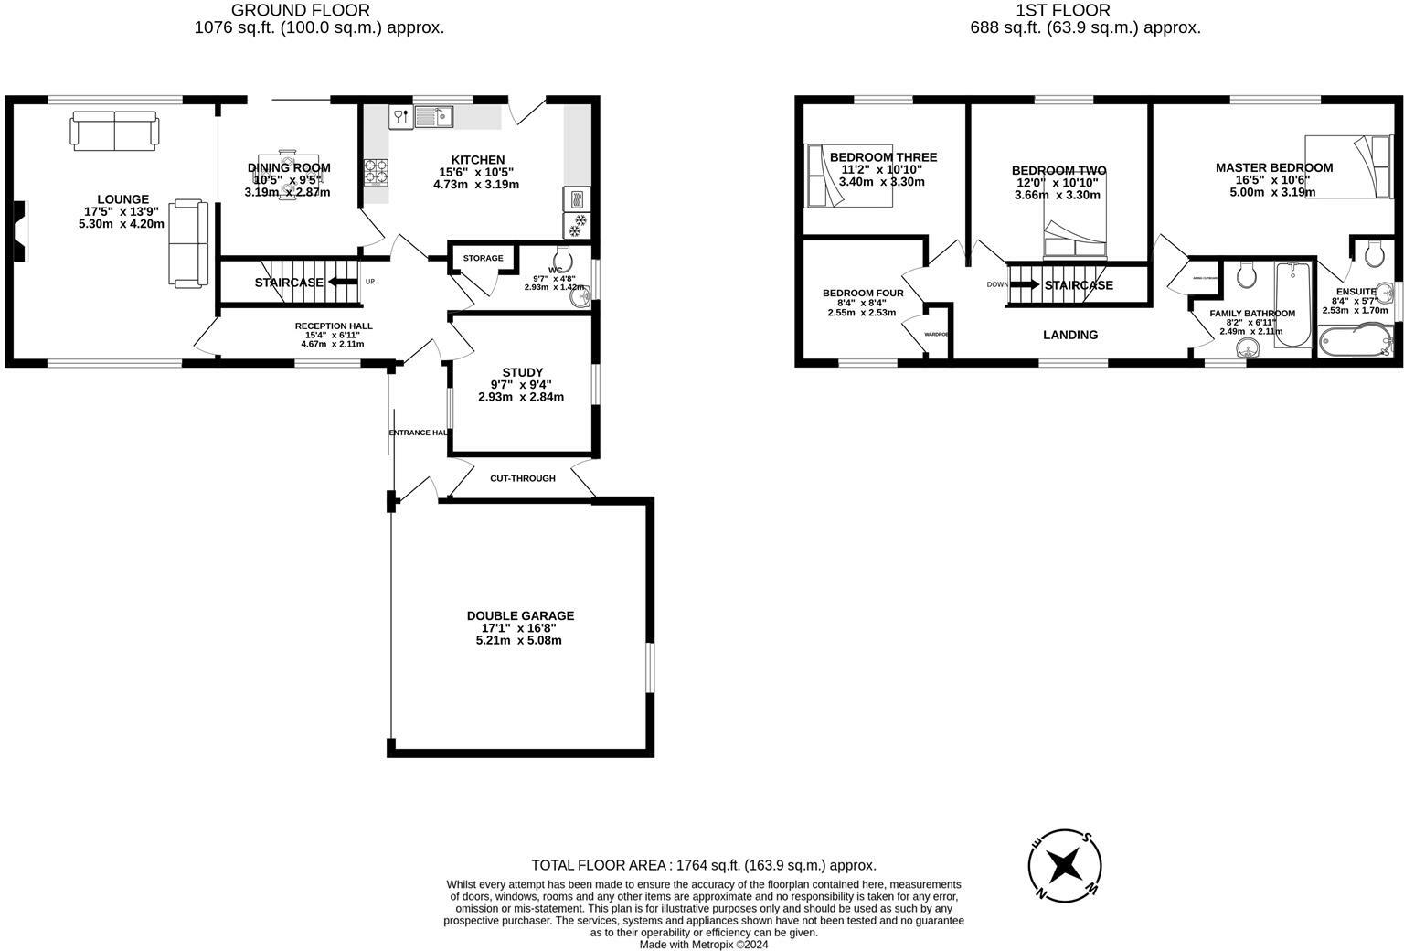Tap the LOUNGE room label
point(123,199)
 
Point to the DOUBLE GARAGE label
point(520,615)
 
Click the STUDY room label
point(522,372)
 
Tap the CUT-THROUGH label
point(522,478)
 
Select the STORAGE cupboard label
point(483,258)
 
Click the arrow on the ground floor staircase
point(343,282)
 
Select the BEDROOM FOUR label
point(863,294)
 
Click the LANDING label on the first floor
point(1070,335)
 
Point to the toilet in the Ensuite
point(1372,253)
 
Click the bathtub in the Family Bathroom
point(1292,304)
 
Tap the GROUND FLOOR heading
point(301,11)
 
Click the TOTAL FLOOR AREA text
point(704,865)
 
